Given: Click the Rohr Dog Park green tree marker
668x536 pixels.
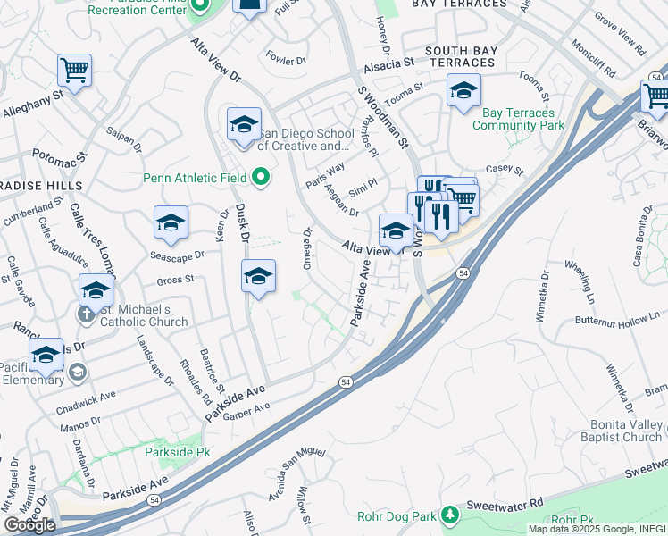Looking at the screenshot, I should tap(450, 515).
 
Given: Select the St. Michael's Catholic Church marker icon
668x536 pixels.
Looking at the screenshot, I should tap(87, 314).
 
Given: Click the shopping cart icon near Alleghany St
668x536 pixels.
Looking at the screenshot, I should tap(75, 69).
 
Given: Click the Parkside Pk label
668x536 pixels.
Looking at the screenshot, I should tap(177, 453).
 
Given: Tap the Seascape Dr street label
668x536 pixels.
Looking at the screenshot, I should tap(178, 255).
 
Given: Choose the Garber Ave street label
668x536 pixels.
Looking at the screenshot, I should tap(246, 411).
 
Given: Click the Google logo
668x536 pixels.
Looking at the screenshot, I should tap(29, 524).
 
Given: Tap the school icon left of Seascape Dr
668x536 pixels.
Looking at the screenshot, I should tap(171, 223).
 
